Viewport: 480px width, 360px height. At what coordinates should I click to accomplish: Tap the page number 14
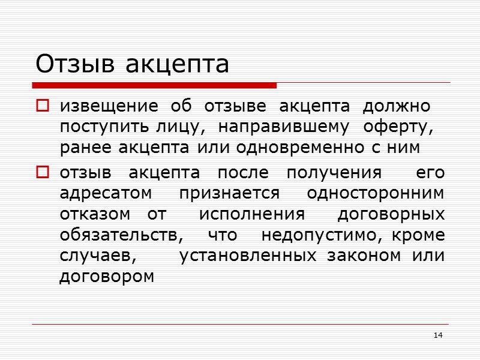(x=438, y=334)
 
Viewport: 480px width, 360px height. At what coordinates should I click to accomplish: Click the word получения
(x=334, y=173)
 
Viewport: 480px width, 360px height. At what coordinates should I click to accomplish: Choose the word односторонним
(x=376, y=194)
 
